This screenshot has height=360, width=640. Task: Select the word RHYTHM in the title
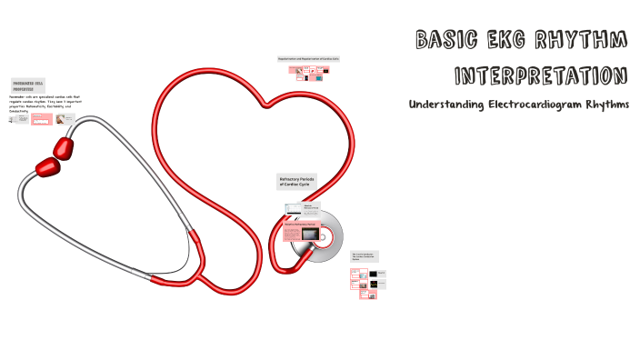tap(591, 40)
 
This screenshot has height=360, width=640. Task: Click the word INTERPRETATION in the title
tap(540, 75)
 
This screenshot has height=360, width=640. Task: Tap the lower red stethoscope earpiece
tap(46, 166)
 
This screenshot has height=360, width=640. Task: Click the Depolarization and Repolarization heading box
tap(315, 59)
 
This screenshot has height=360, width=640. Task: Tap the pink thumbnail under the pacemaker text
tap(41, 118)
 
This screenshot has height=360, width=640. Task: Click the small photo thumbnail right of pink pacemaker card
tap(61, 119)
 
